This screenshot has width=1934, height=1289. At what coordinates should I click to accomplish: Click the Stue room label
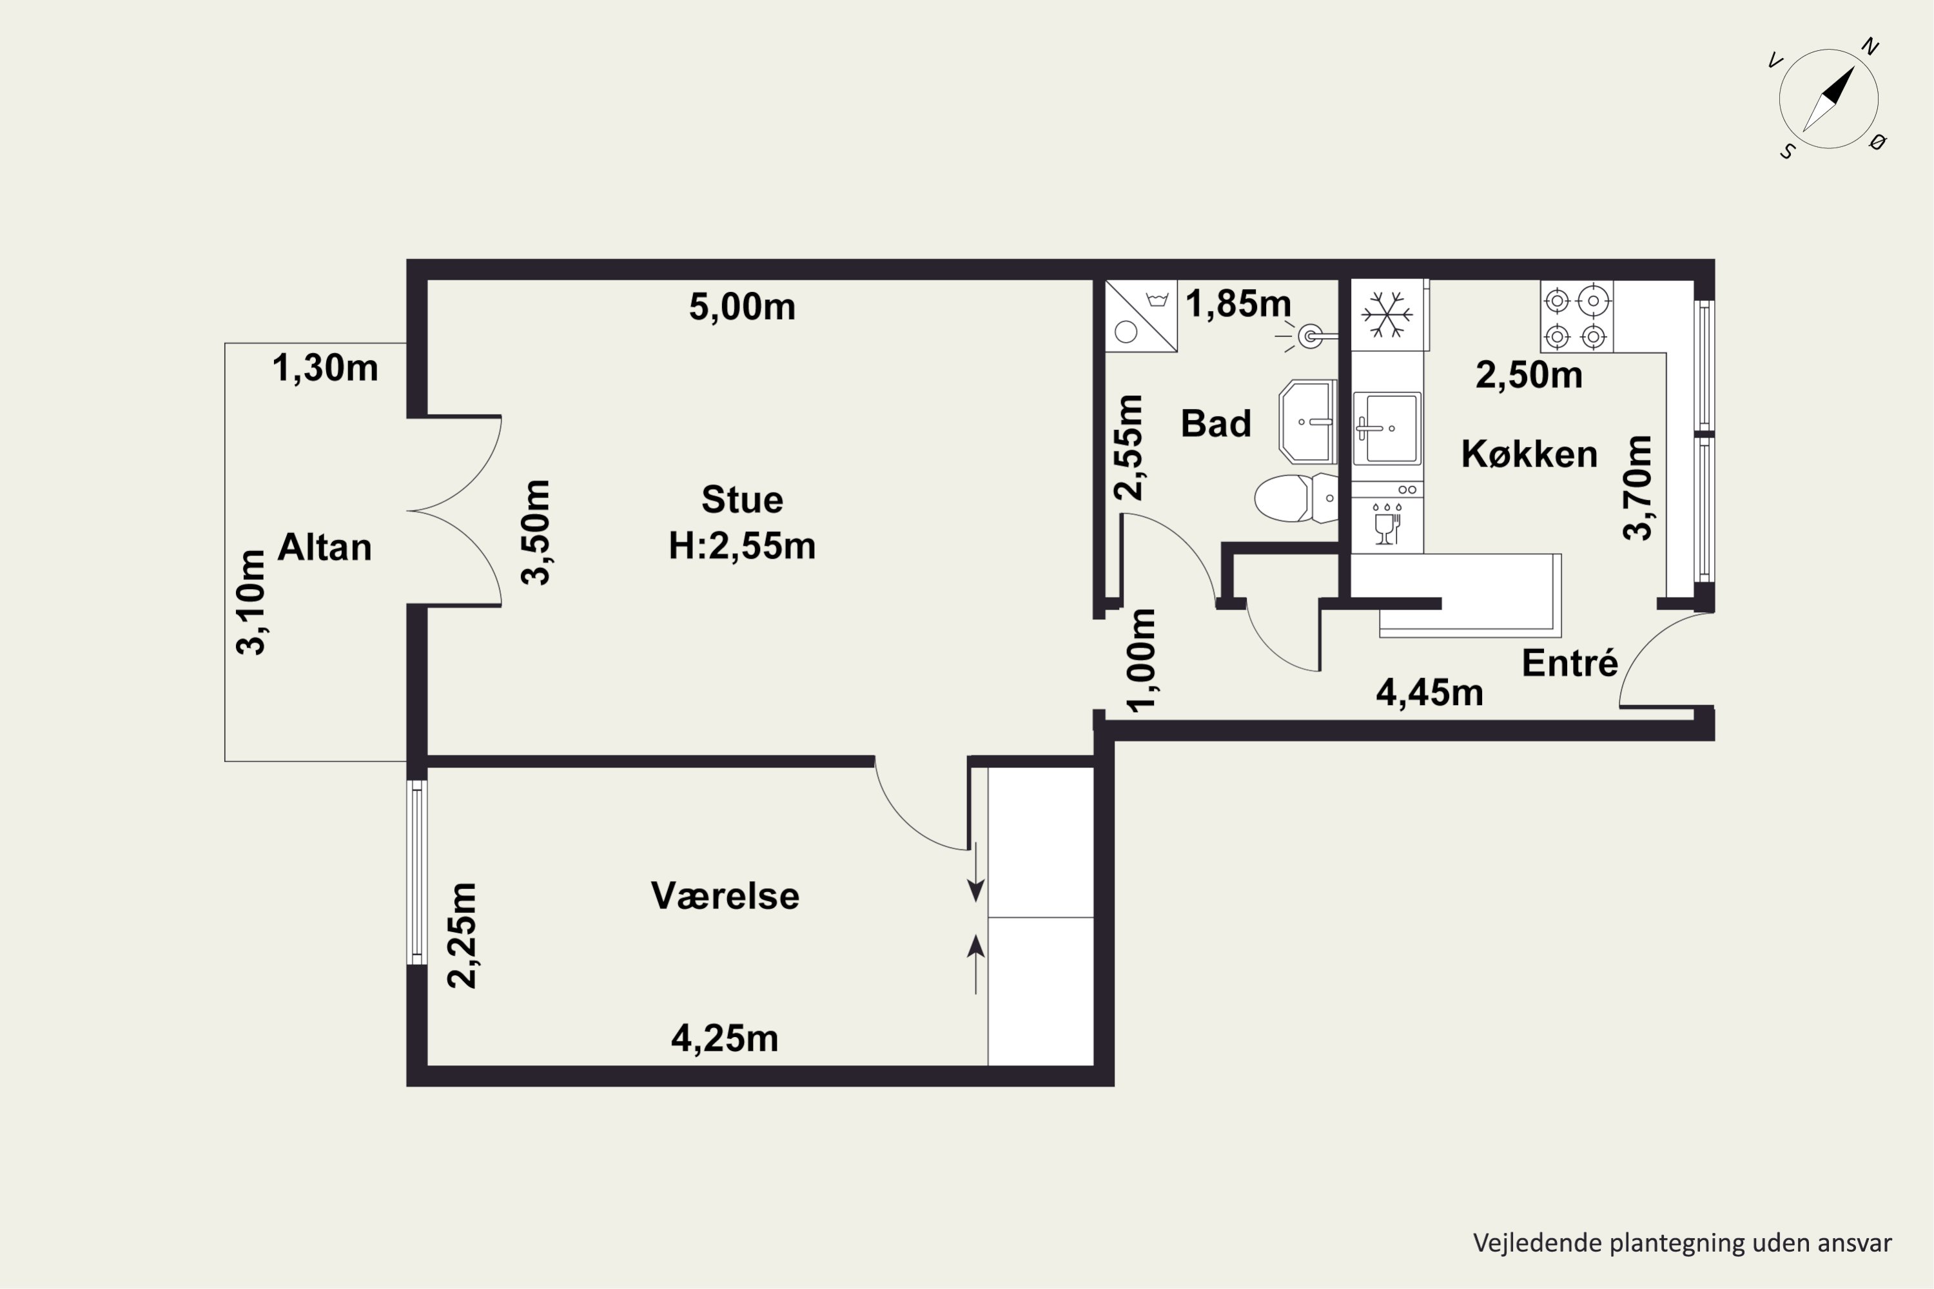pyautogui.click(x=742, y=499)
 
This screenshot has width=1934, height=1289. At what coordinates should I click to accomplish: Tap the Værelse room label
pyautogui.click(x=725, y=896)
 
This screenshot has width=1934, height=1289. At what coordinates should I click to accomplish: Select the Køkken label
pyautogui.click(x=1529, y=454)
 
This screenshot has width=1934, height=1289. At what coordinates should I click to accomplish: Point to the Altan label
pyautogui.click(x=325, y=547)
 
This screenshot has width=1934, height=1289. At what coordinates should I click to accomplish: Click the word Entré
pyautogui.click(x=1570, y=663)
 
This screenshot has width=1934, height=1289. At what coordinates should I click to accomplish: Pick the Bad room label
pyautogui.click(x=1216, y=423)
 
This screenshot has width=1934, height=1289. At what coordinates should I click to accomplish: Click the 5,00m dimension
pyautogui.click(x=743, y=307)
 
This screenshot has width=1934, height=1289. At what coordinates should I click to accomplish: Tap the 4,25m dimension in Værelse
pyautogui.click(x=725, y=1038)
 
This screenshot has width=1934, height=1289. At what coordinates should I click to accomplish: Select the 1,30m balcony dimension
pyautogui.click(x=326, y=367)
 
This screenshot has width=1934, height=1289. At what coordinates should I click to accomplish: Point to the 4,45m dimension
pyautogui.click(x=1430, y=693)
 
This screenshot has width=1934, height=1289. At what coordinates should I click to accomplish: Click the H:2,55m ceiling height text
pyautogui.click(x=742, y=546)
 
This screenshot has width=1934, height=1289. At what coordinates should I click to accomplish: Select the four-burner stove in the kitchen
pyautogui.click(x=1576, y=317)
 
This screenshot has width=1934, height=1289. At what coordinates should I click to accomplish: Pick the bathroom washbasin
pyautogui.click(x=1307, y=422)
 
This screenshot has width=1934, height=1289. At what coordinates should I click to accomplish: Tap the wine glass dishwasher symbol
pyautogui.click(x=1387, y=523)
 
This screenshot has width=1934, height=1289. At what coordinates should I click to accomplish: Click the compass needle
pyautogui.click(x=1830, y=99)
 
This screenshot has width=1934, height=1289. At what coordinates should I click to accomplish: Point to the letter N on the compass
pyautogui.click(x=1870, y=47)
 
